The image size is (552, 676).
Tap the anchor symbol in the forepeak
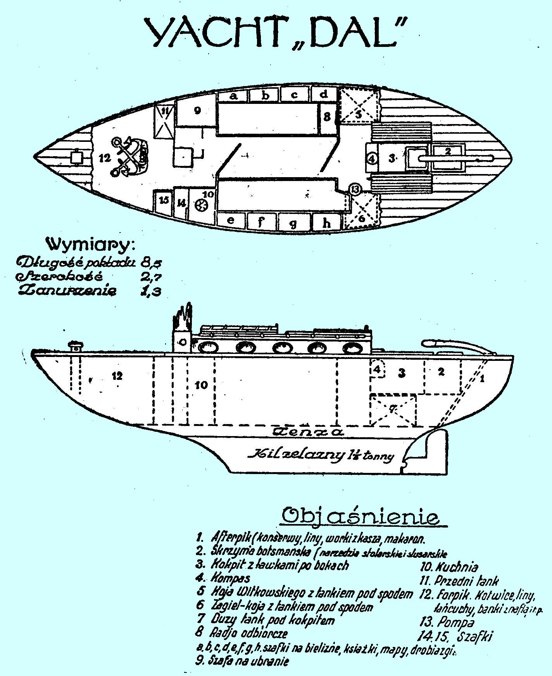[128, 157]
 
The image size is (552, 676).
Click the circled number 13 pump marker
[355, 189]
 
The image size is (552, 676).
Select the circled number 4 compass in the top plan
[372, 159]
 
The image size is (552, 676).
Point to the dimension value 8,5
[151, 262]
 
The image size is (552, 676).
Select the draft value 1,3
[151, 291]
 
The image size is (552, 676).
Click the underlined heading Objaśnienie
[361, 516]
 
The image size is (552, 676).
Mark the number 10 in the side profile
[202, 385]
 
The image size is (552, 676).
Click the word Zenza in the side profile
[308, 432]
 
